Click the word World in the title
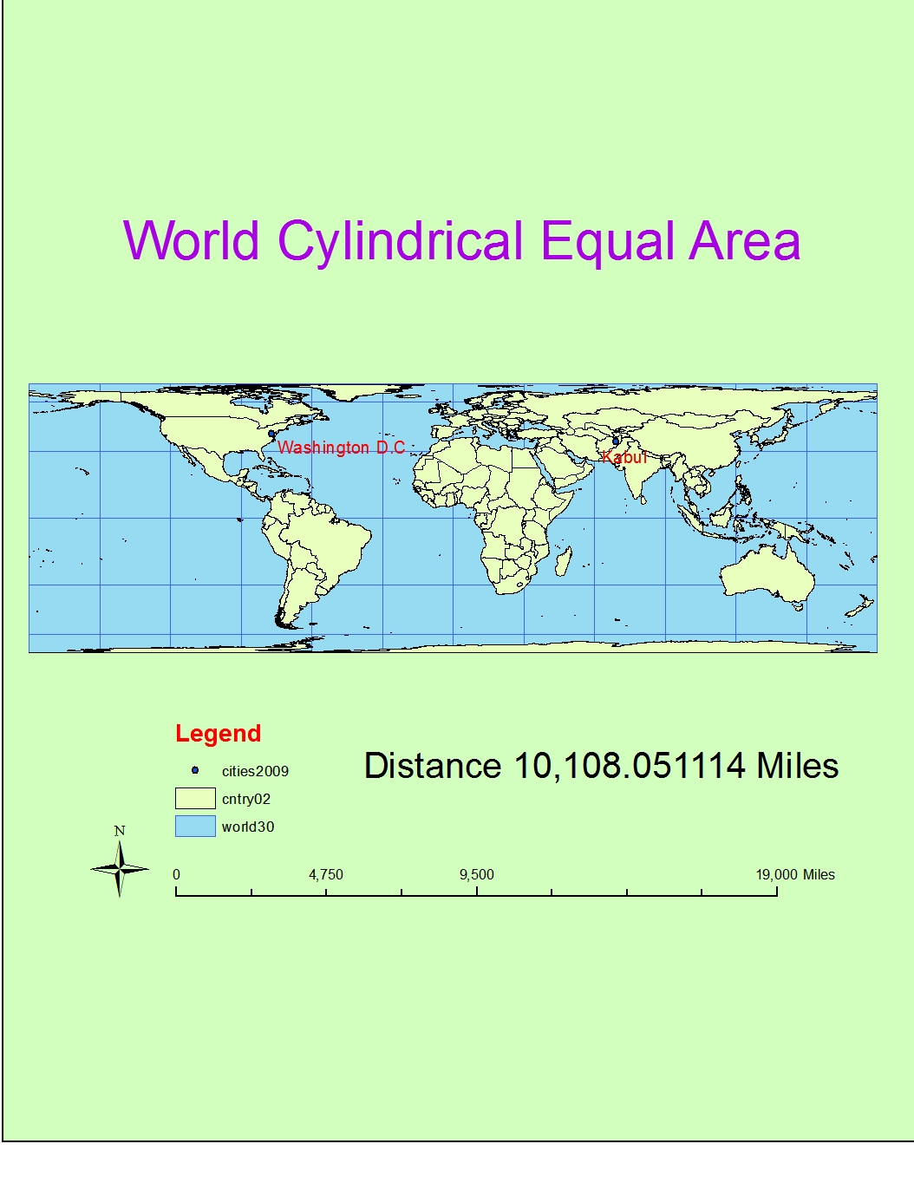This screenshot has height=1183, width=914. [191, 241]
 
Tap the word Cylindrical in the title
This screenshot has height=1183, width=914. [400, 242]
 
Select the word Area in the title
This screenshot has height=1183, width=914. [744, 241]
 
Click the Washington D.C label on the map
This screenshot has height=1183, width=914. [341, 448]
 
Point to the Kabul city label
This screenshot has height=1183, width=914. [624, 457]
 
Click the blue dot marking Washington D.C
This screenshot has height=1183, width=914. [271, 434]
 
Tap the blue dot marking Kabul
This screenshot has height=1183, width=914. [616, 441]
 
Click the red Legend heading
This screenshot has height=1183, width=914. [218, 734]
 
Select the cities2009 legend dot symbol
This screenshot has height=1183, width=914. [195, 770]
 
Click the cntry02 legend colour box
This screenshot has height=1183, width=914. [195, 798]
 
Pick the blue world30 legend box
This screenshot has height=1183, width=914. [195, 826]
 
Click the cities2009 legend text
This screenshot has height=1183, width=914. [255, 771]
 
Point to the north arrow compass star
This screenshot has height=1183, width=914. [120, 869]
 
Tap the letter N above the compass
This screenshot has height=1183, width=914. [120, 831]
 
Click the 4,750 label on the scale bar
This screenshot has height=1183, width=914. [326, 874]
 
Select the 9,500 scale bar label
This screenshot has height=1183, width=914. [476, 874]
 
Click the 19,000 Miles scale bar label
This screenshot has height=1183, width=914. [794, 874]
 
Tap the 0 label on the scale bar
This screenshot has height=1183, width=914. [176, 874]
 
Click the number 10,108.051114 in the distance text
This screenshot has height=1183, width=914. [630, 766]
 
